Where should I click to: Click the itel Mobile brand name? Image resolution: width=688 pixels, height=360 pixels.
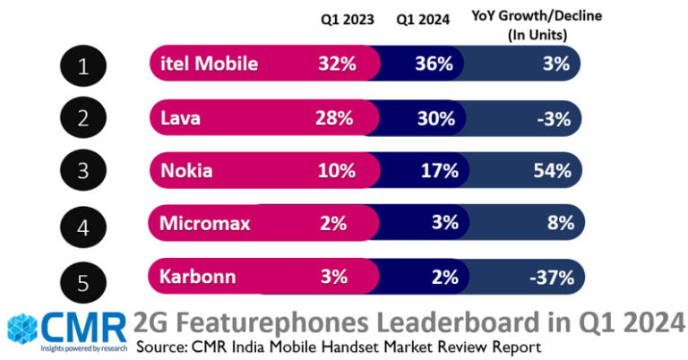(209, 64)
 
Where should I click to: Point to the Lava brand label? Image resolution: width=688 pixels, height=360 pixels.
(181, 117)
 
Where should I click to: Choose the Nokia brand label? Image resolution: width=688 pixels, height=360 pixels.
(186, 170)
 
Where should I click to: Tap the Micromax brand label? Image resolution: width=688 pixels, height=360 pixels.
(205, 223)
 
